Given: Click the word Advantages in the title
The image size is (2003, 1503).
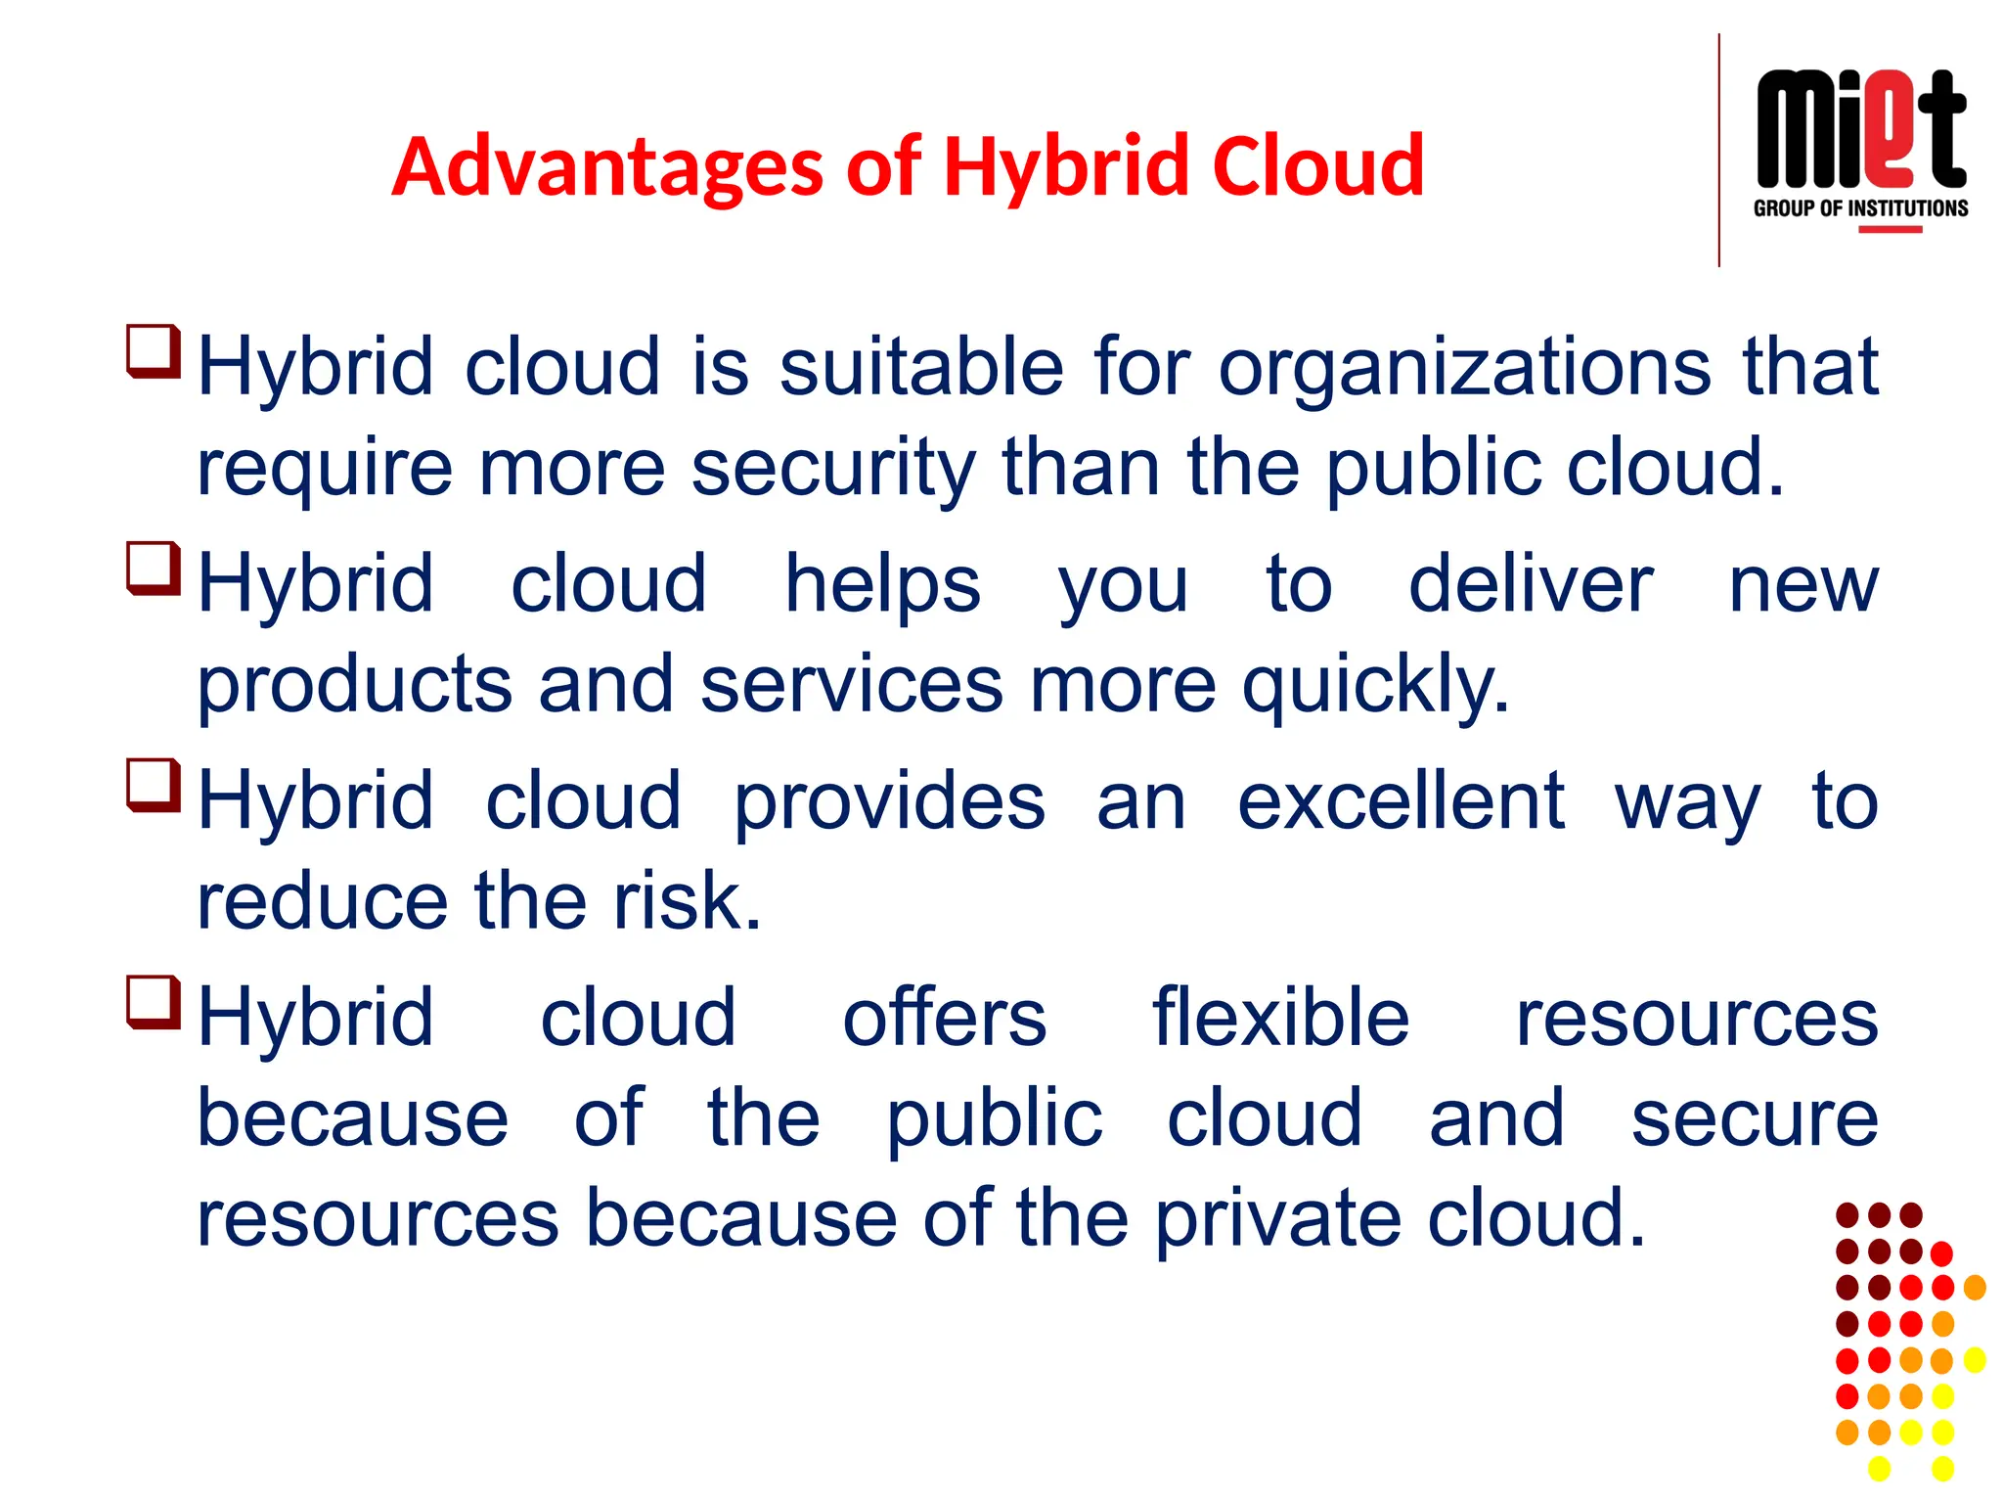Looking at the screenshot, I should click(607, 167).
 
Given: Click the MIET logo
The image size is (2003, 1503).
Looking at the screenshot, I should click(1860, 130).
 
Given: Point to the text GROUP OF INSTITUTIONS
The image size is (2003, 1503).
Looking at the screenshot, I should click(1860, 208).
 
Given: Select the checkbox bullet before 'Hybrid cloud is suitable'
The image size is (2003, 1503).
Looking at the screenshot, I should click(154, 351).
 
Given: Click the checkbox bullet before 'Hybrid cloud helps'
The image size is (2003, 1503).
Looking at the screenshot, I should click(154, 569).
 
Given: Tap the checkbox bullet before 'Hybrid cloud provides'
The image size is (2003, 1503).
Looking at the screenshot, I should click(154, 786).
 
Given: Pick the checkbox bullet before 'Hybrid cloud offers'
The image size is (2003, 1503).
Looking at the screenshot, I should click(154, 1003).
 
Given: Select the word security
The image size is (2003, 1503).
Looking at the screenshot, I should click(833, 469).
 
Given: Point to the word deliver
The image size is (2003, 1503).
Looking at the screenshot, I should click(1531, 585).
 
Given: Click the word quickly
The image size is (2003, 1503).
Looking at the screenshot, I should click(1376, 686).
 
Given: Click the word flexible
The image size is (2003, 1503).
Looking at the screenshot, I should click(1280, 1019).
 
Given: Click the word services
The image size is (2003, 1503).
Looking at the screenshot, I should click(852, 684).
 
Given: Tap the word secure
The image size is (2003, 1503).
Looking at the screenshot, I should click(1755, 1119).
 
